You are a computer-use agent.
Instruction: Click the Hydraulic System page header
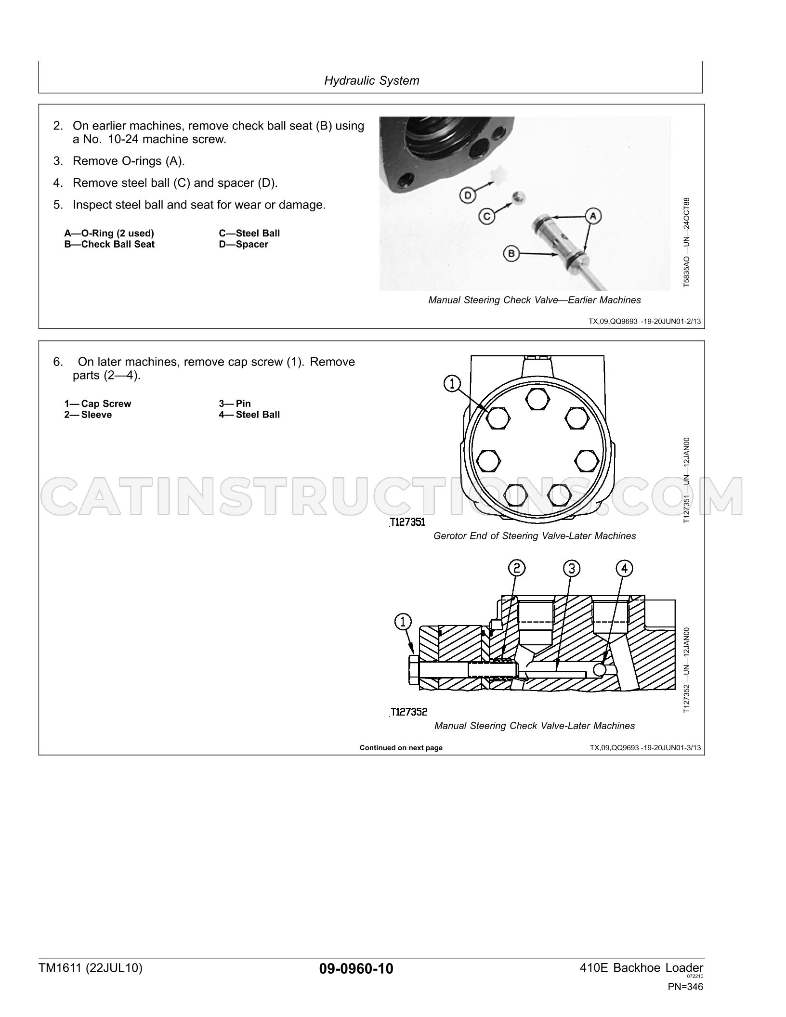point(371,80)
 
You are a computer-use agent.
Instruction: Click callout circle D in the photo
point(467,196)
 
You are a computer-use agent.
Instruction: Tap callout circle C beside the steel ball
point(486,216)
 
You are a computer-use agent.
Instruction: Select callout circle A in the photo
point(593,217)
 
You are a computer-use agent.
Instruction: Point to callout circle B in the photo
point(511,253)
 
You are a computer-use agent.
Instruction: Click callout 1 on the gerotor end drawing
point(452,384)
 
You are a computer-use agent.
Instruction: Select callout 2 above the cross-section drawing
point(517,569)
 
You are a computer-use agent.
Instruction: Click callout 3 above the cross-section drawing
point(572,569)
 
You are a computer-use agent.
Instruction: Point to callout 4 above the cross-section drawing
point(624,569)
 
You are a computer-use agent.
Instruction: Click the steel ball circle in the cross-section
point(600,670)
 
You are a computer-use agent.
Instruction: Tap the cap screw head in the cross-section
point(414,669)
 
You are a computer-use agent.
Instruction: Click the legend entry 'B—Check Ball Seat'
point(109,244)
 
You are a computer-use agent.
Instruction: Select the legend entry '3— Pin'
point(235,404)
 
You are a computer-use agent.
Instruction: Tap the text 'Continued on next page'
point(401,748)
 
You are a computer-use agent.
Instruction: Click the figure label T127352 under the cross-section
point(409,712)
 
